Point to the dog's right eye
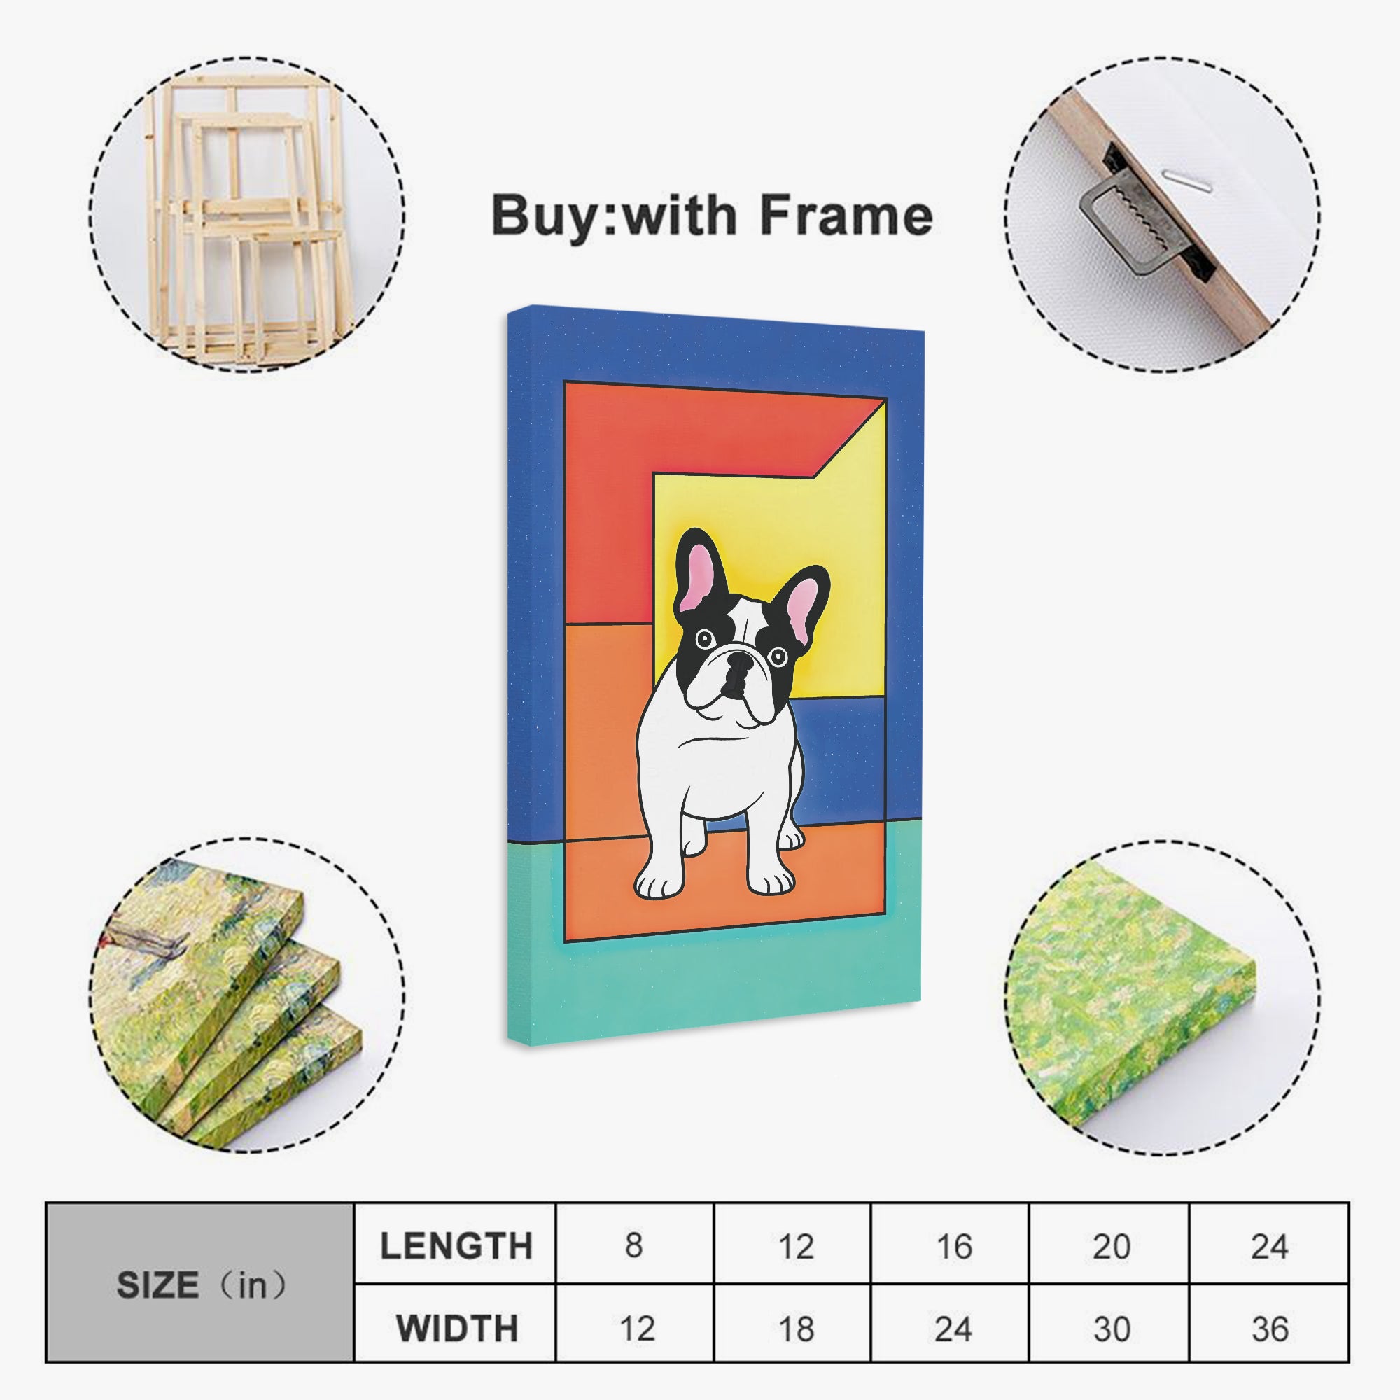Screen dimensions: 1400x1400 pos(778,657)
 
